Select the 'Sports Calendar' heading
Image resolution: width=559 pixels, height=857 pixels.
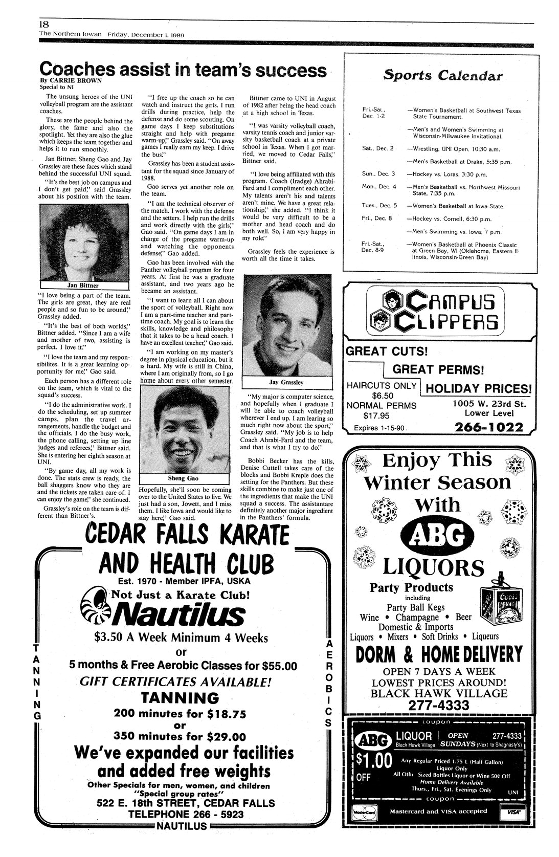pyautogui.click(x=443, y=76)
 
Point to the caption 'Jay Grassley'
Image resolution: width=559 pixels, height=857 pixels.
pyautogui.click(x=286, y=382)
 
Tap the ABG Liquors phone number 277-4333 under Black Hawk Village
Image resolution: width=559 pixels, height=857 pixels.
pyautogui.click(x=439, y=706)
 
